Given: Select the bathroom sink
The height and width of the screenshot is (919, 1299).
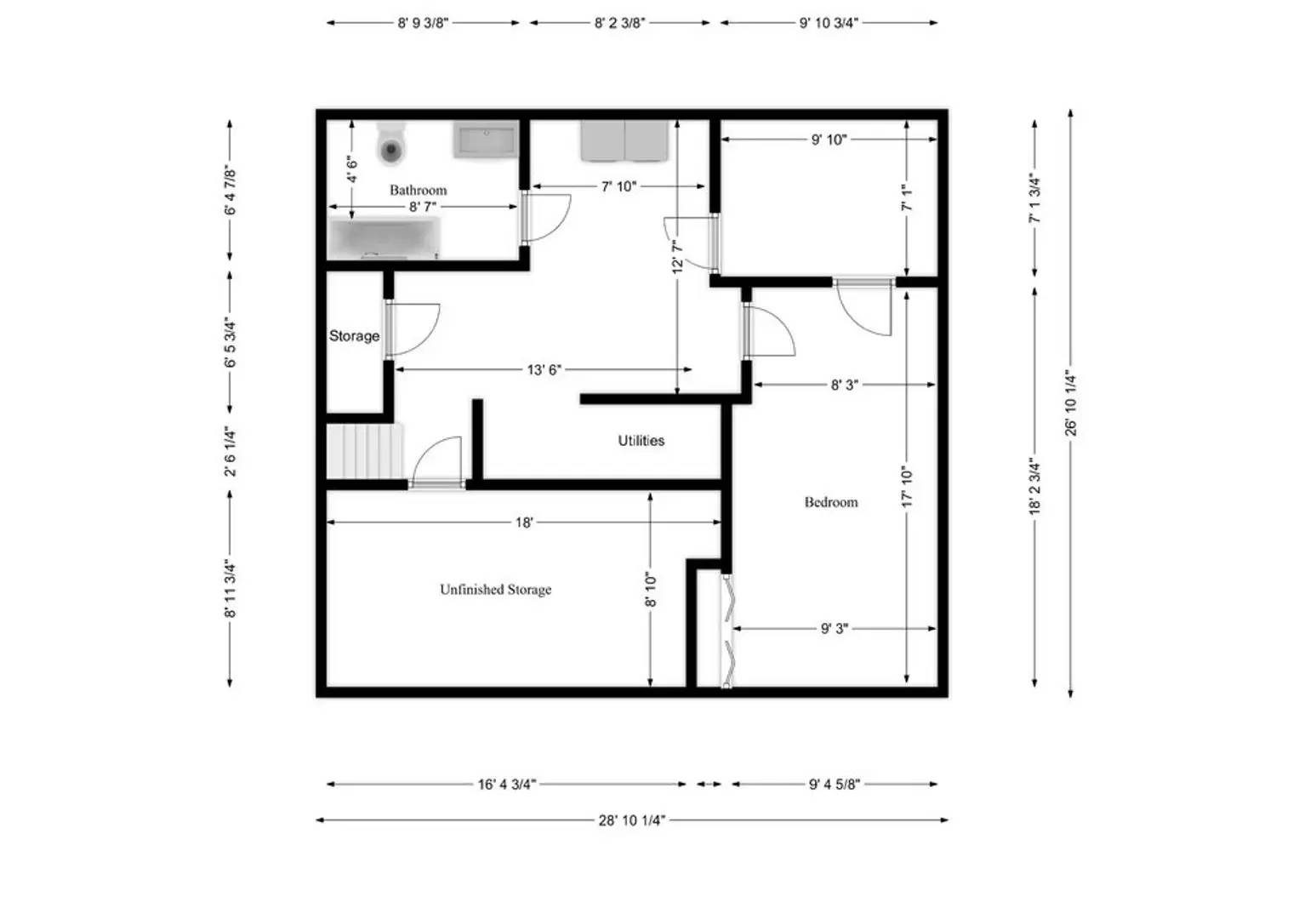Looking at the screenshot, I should point(485,140).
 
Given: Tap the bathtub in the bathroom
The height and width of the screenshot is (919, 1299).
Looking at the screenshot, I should point(385,238).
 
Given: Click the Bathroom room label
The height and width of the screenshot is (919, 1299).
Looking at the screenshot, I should point(418,190).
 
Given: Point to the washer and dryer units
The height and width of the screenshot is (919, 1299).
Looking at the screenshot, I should point(625,140).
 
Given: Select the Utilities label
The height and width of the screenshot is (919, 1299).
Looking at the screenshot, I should point(641,441).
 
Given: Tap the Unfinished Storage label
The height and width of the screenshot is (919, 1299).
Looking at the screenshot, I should point(495,590).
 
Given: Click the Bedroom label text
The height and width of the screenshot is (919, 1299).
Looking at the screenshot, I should point(831,502).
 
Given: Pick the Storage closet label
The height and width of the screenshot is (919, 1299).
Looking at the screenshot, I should point(354,336).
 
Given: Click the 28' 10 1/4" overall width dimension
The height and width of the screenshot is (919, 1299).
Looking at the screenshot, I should point(631,820).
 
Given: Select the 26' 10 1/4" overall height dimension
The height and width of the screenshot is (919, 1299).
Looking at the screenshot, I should point(1071,403).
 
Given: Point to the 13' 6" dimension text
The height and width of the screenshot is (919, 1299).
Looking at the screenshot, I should point(544,369).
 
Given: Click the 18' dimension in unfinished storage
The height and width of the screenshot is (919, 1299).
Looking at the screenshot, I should point(524,522).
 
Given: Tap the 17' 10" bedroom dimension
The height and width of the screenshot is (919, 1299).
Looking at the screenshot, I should point(907,487).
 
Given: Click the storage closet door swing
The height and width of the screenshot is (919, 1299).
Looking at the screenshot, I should point(414,328).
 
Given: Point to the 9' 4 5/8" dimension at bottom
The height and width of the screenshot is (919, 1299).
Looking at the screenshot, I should point(834,785).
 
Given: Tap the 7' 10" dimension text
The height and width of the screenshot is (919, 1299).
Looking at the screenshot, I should point(618,186).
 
